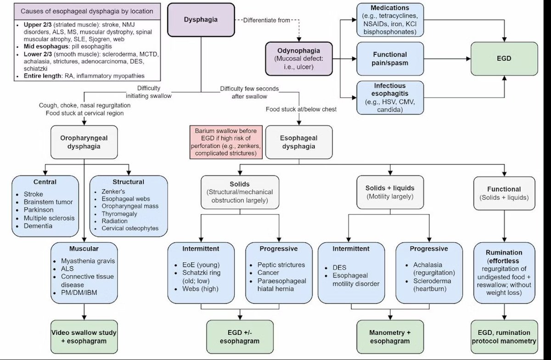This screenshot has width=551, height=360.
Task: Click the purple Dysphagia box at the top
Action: (x=201, y=20)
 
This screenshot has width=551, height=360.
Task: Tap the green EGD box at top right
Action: (x=504, y=59)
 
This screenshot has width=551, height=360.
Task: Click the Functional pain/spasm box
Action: (x=390, y=59)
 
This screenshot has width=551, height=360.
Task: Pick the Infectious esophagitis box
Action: (x=390, y=97)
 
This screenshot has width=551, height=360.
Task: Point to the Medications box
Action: (x=390, y=20)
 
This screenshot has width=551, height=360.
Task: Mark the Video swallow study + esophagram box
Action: (x=84, y=337)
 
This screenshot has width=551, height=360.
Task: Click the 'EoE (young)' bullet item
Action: (x=201, y=265)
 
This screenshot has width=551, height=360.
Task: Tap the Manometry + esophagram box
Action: (x=390, y=337)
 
